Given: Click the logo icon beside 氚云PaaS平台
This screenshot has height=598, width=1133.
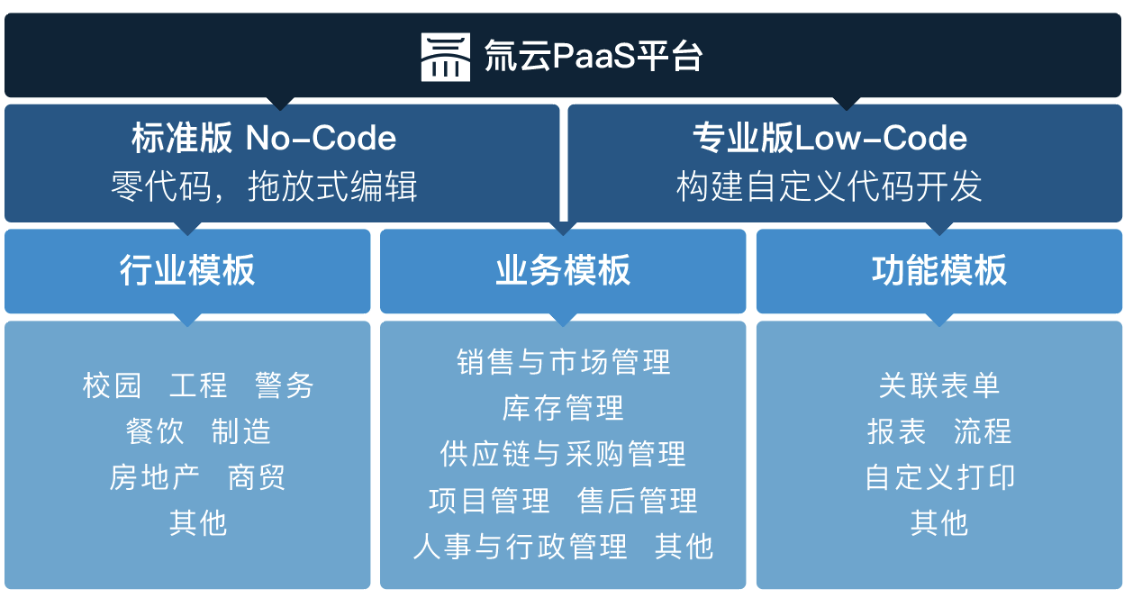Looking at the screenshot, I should [x=445, y=57].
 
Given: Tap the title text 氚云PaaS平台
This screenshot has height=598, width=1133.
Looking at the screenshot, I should [x=593, y=57].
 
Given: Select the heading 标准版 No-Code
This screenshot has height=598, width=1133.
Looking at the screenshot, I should [x=264, y=139].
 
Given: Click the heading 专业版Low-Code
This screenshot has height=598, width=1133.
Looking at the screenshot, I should [x=829, y=139].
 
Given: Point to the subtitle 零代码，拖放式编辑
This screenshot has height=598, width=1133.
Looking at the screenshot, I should [x=264, y=186].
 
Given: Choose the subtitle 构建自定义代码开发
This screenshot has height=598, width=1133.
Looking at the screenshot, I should [x=829, y=186].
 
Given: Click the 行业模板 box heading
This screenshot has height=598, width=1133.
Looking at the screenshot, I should [x=187, y=270].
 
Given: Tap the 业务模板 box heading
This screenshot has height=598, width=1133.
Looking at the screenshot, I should [x=563, y=270].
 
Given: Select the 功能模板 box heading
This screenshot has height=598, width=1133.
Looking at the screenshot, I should [x=939, y=270].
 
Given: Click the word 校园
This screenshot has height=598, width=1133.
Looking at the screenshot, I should [x=113, y=385].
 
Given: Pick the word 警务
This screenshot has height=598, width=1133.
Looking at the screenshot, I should [x=285, y=385].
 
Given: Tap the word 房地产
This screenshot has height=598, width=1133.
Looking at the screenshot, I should [x=154, y=477].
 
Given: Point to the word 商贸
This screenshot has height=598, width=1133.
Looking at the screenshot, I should [x=257, y=477].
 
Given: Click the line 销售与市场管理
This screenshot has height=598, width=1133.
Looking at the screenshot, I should [x=564, y=362].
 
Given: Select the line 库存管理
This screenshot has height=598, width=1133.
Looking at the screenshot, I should [x=564, y=408].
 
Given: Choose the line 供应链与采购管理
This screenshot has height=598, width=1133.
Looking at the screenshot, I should [x=564, y=454].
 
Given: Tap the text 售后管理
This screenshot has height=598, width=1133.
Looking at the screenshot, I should [x=638, y=501].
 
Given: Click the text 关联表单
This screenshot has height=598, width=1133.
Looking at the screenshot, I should [x=939, y=385].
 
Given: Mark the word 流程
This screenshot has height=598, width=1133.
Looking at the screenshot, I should [x=983, y=431].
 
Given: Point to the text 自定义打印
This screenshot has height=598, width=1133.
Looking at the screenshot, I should [x=939, y=477].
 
